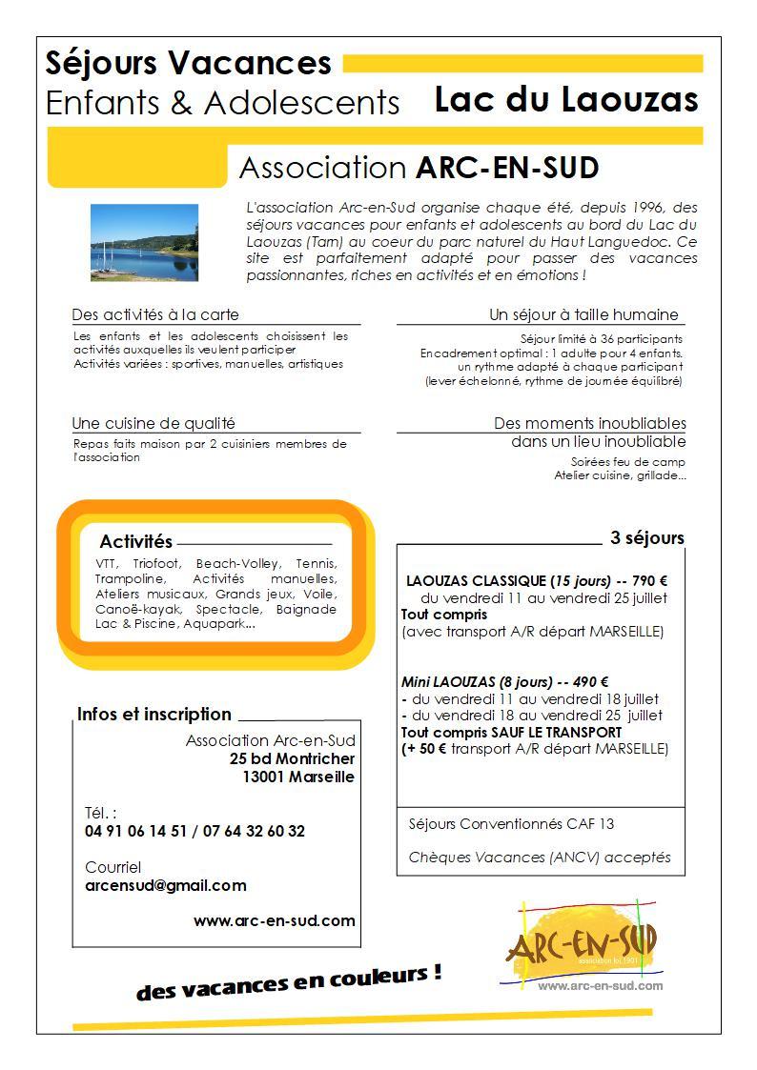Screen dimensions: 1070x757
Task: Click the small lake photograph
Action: [x=144, y=242]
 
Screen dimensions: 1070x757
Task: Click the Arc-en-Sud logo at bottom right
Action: [x=582, y=943]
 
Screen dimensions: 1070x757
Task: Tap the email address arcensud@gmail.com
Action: [x=165, y=885]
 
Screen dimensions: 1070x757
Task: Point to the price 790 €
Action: [x=650, y=580]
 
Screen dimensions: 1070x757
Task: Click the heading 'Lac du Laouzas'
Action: [x=566, y=99]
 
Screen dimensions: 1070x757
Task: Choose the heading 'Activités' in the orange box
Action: [x=135, y=541]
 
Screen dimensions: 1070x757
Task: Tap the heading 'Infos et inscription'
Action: [x=153, y=714]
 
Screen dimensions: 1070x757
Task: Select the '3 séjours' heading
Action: [x=646, y=538]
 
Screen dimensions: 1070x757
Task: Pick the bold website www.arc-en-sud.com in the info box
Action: [x=274, y=920]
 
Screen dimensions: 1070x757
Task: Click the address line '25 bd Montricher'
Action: [x=292, y=758]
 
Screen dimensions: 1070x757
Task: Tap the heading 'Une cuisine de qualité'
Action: [x=153, y=423]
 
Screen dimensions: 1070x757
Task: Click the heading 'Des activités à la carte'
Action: [x=154, y=314]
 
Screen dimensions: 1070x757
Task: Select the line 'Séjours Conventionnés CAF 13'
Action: [x=511, y=823]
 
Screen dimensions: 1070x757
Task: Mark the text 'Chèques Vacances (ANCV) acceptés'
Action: [x=539, y=857]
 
